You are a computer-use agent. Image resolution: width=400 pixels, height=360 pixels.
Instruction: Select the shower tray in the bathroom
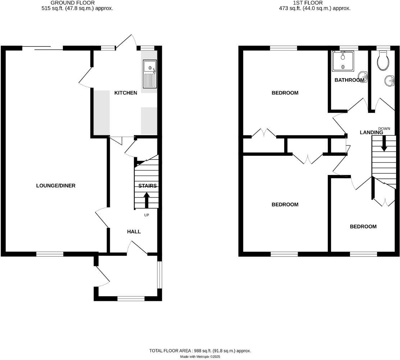click(343, 61)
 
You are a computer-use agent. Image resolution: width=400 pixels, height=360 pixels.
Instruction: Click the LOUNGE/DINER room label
click(56, 186)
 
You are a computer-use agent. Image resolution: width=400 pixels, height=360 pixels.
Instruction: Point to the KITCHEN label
click(126, 93)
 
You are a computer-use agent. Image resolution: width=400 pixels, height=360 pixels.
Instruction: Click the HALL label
click(134, 231)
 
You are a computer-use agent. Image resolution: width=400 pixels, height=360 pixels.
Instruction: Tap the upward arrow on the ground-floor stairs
click(146, 200)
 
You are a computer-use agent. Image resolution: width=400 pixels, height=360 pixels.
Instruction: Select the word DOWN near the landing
click(384, 129)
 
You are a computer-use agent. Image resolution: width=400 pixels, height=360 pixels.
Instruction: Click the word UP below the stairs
click(146, 215)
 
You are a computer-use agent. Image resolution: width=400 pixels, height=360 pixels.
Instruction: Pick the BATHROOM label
click(349, 80)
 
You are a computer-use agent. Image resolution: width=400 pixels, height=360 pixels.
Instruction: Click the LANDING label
click(371, 132)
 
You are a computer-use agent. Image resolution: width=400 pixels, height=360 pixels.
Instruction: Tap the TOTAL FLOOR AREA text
click(200, 351)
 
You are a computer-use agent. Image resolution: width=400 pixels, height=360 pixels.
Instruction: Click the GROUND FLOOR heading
click(73, 3)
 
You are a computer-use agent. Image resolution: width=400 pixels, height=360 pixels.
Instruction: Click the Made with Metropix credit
click(200, 357)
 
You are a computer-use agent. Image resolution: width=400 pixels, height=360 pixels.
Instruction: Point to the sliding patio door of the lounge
click(42, 48)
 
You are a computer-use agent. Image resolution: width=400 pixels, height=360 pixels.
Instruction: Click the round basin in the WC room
click(390, 81)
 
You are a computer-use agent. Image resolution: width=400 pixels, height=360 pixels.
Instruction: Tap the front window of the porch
click(131, 298)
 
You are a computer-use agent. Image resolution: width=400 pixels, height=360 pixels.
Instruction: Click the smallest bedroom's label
click(363, 226)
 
